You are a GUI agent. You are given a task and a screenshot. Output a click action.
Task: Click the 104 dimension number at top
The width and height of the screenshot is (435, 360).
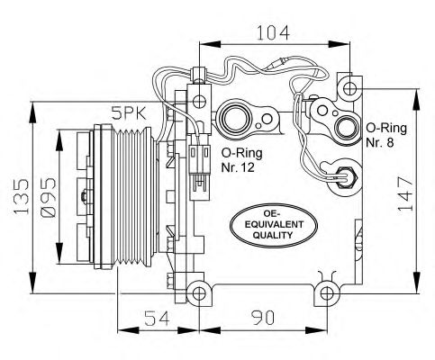(x=273, y=32)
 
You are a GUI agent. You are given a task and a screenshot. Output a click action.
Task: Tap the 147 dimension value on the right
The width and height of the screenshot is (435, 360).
(x=405, y=193)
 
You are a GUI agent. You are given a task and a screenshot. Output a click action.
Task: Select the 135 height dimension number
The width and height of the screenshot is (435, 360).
(x=22, y=196)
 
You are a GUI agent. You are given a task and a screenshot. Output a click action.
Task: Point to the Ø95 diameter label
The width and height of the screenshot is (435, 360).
(x=48, y=197)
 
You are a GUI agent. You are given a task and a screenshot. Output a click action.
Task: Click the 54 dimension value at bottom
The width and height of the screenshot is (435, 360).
(x=157, y=318)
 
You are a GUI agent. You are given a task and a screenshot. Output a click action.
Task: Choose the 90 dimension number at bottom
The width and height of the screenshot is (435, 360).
(x=263, y=318)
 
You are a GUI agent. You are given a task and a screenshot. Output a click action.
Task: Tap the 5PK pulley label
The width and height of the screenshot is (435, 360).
(x=129, y=113)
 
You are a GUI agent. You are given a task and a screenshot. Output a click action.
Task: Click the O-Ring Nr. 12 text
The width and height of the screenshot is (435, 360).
(x=241, y=160)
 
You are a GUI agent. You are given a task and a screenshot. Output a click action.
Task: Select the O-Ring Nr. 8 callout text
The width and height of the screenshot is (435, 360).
(x=386, y=135)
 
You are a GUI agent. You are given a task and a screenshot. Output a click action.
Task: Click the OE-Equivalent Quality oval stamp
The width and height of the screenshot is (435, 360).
(x=274, y=225)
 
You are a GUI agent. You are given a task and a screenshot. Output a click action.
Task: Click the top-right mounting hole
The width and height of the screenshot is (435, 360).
(x=349, y=88)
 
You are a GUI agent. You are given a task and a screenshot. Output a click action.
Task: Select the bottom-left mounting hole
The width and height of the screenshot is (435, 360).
(x=199, y=293)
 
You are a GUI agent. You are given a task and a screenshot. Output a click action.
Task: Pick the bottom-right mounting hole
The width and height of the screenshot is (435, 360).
(x=327, y=293)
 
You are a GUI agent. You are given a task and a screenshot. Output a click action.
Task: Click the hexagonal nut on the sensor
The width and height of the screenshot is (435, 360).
(x=346, y=177)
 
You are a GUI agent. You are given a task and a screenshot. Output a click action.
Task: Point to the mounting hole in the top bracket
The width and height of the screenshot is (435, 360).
(x=199, y=102)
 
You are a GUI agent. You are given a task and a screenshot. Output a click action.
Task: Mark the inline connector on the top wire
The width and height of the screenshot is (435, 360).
(x=279, y=63)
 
